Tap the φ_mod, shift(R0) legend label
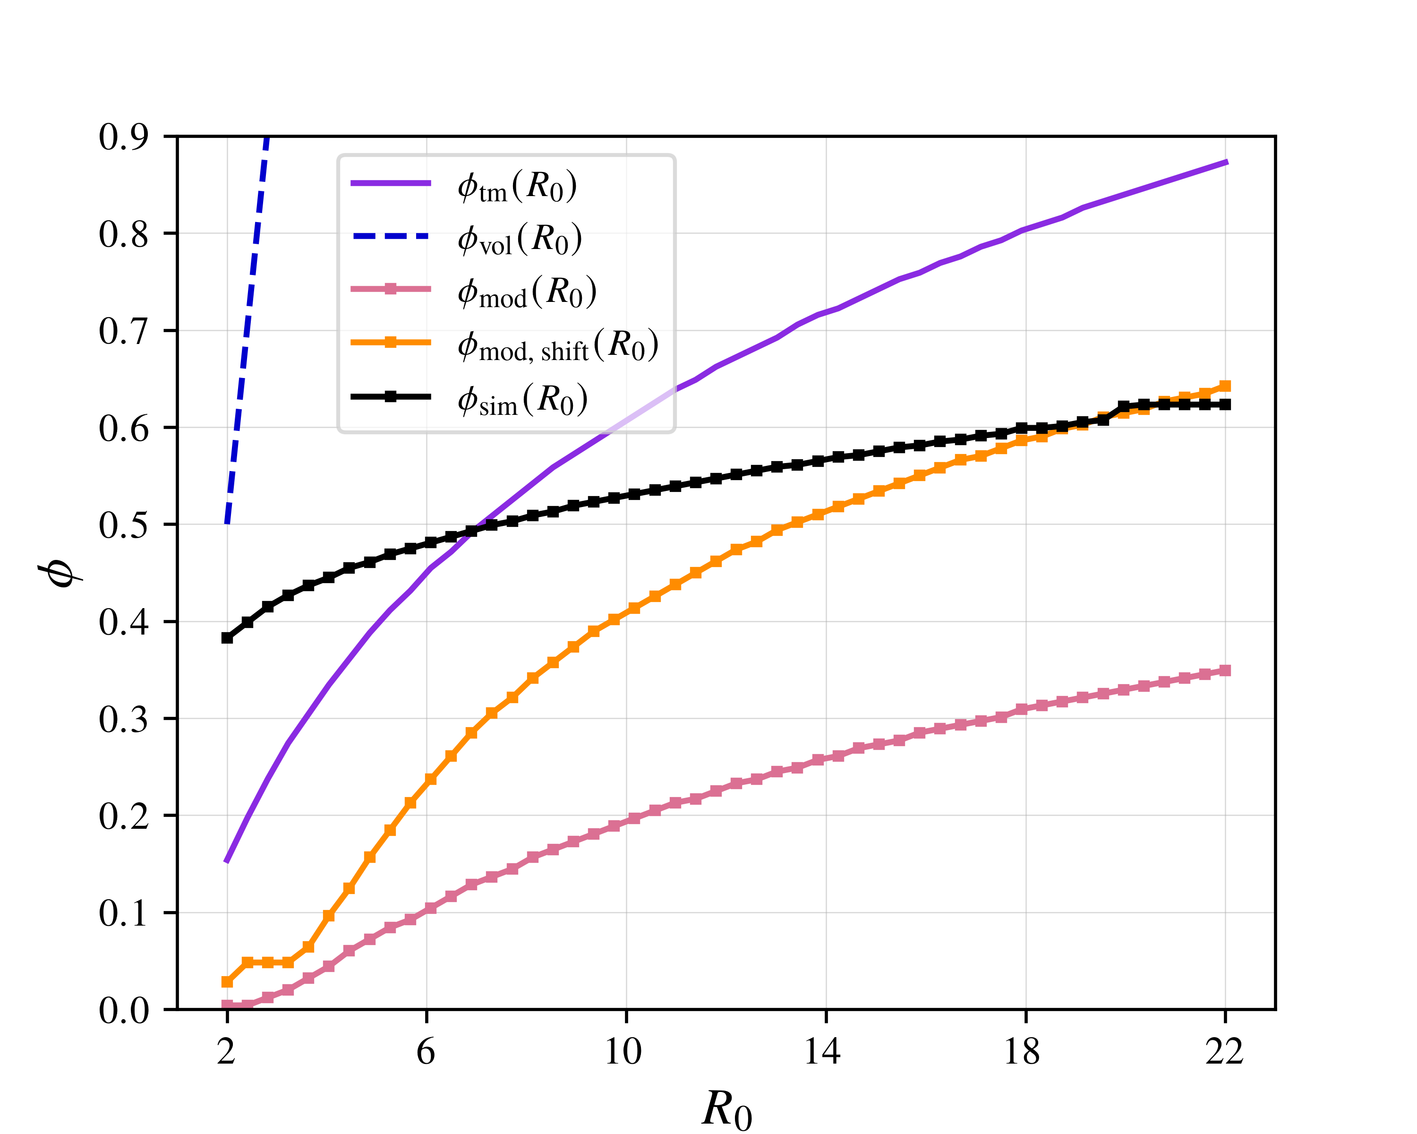coord(558,345)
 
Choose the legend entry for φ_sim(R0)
coord(522,399)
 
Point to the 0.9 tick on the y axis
coord(124,137)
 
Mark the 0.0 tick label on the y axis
coord(124,1010)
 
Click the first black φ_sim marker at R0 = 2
coord(227,638)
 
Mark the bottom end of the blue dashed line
coord(227,523)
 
